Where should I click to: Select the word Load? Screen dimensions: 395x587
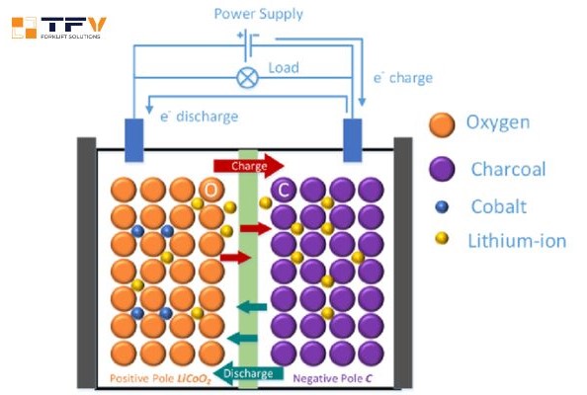pos(284,68)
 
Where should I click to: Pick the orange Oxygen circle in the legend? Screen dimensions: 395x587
pos(441,124)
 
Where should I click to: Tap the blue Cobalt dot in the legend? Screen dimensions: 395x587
pos(441,206)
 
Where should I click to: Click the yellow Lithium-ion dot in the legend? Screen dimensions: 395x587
pos(441,239)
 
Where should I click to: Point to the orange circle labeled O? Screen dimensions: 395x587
pos(211,189)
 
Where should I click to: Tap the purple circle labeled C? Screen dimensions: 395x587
pos(284,189)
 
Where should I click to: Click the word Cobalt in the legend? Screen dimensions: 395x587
pos(500,205)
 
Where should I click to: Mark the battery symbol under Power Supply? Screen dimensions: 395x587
pos(247,39)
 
